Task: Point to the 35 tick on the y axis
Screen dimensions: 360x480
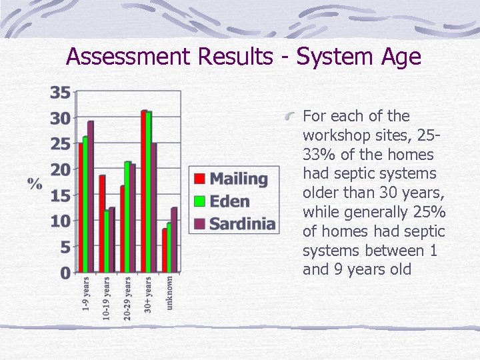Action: pos(60,93)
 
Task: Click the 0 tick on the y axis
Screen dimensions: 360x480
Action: pos(65,273)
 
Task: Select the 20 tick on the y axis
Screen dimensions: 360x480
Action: pos(60,170)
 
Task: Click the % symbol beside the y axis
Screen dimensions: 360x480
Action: pos(35,183)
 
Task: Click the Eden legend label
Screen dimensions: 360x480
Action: pos(229,201)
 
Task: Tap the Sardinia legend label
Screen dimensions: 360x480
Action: pos(242,223)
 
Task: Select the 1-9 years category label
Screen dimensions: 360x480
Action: pos(85,294)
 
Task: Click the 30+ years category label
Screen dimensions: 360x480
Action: pos(148,294)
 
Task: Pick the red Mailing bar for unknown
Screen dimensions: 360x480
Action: pos(165,251)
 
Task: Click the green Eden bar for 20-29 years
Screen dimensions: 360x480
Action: pos(127,217)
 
